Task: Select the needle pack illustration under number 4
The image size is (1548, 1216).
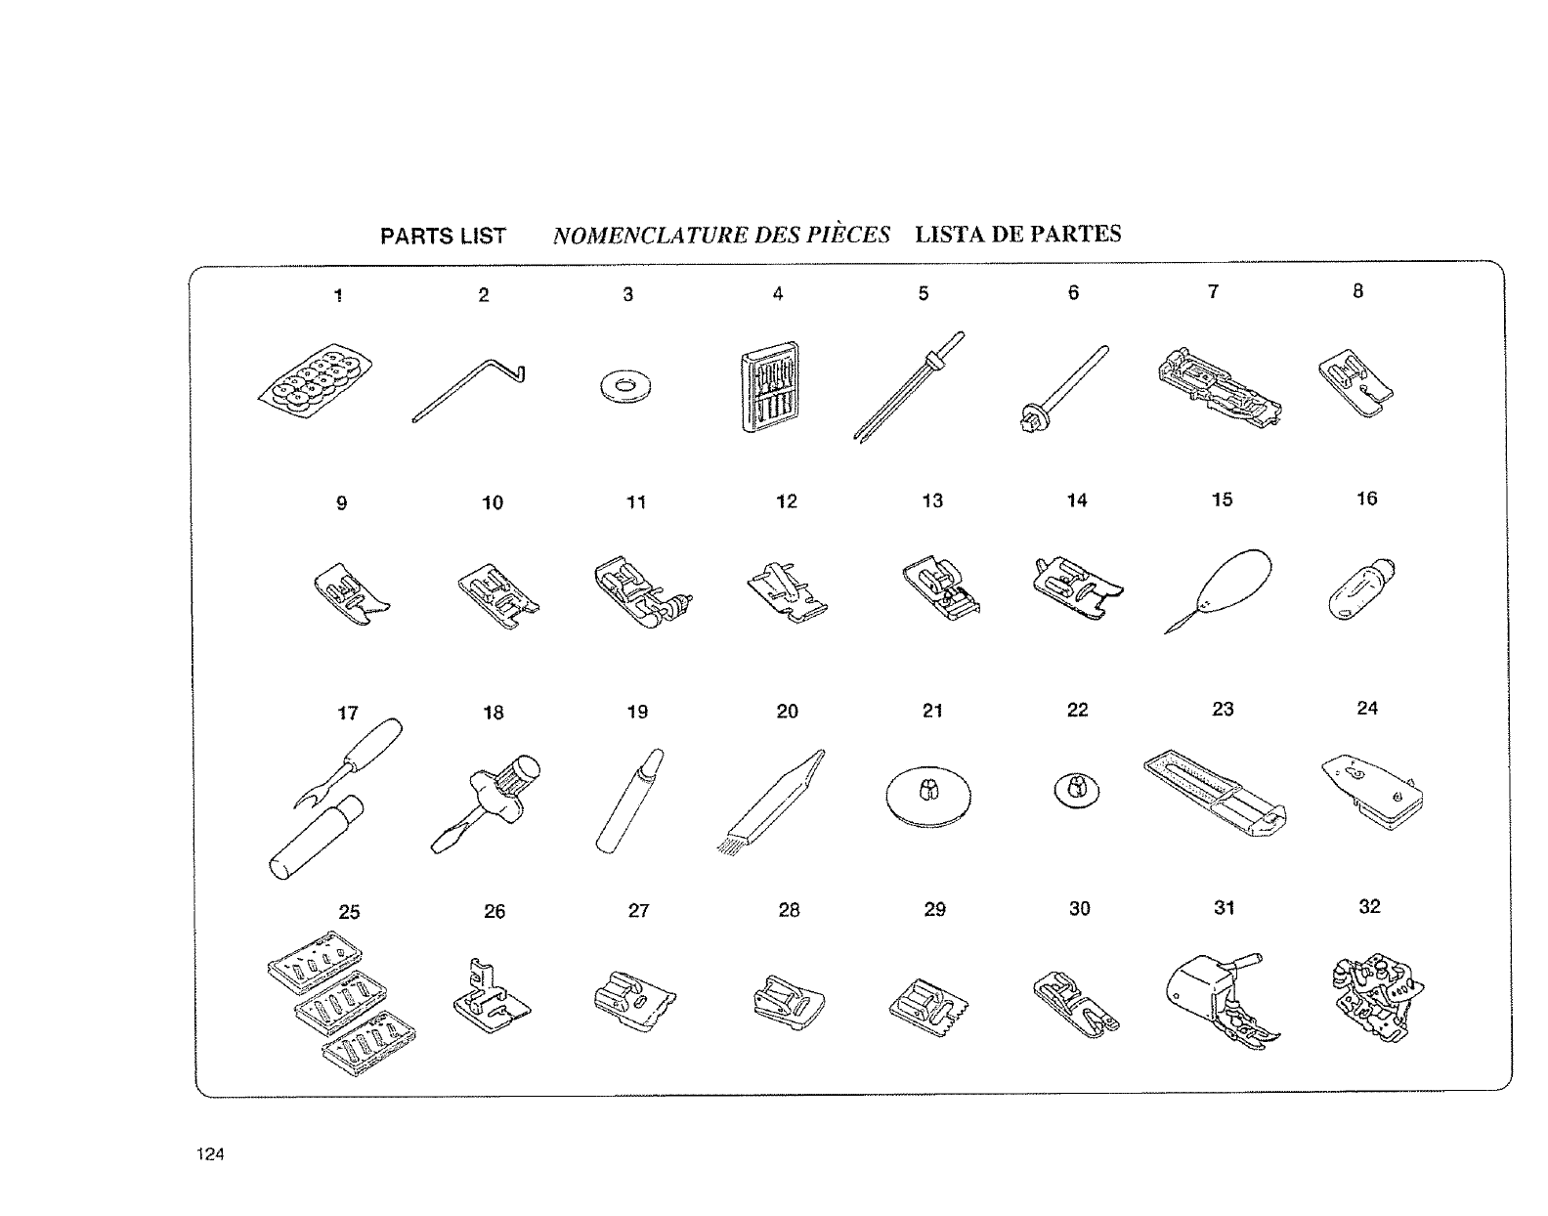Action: click(770, 387)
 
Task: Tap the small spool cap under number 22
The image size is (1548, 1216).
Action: click(1075, 788)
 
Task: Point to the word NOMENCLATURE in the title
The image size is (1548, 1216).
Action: click(647, 236)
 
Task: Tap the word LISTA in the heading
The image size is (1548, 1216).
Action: click(949, 235)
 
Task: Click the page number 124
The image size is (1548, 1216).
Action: click(210, 1154)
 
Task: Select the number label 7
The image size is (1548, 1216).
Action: click(1213, 291)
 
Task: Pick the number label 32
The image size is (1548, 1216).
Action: click(1369, 907)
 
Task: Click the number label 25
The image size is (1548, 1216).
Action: click(349, 912)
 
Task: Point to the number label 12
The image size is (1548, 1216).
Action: click(787, 501)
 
